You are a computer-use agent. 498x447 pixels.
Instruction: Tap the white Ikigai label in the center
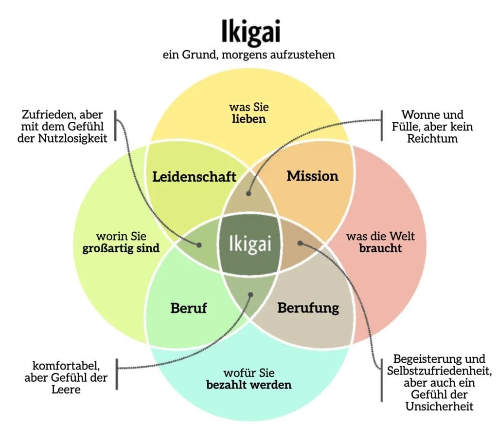click(249, 242)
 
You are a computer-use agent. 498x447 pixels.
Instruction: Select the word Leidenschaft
click(194, 177)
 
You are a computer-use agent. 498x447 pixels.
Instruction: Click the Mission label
click(312, 176)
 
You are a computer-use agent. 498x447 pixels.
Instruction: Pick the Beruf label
click(189, 308)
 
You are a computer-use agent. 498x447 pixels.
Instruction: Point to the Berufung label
click(308, 308)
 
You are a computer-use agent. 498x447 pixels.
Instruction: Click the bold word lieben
click(249, 119)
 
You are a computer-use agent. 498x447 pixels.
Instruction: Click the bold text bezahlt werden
click(249, 385)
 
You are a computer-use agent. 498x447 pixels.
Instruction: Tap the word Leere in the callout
click(66, 390)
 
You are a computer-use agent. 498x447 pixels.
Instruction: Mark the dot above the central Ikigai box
click(249, 193)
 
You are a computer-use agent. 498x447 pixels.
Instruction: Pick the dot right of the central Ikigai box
click(300, 242)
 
